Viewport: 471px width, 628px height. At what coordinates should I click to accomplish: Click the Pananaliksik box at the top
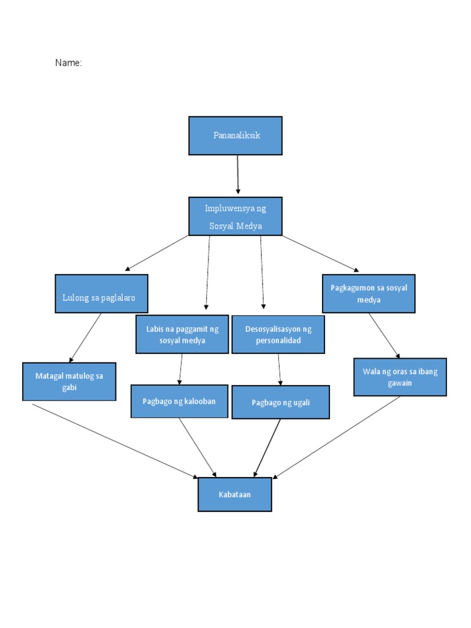tap(235, 136)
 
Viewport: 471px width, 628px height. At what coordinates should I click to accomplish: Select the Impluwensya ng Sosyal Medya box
tap(235, 216)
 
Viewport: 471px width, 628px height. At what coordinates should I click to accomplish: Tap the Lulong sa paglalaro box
tap(101, 294)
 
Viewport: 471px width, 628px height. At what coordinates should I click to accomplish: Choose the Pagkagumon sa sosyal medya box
tap(369, 294)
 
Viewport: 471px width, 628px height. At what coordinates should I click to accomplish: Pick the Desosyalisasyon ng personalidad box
tap(278, 335)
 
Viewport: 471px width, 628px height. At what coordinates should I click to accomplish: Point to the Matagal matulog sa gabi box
tap(69, 381)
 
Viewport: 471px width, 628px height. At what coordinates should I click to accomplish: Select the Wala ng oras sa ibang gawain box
tap(400, 377)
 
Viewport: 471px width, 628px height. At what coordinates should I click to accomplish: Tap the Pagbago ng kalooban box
tap(179, 401)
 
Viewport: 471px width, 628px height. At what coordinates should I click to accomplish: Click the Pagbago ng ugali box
tap(280, 402)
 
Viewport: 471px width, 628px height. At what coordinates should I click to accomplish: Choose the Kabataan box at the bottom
tap(234, 494)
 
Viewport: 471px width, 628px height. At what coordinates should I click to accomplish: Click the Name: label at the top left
tap(69, 63)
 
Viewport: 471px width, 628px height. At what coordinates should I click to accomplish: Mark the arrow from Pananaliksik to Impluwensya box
tap(238, 175)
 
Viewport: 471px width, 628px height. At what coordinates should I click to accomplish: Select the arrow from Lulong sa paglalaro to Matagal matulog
tap(86, 337)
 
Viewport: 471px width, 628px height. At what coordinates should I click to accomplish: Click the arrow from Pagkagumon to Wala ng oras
tap(384, 335)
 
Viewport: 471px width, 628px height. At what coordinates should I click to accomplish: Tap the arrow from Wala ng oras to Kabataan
tap(337, 437)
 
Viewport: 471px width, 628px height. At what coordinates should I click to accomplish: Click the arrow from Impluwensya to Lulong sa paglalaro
tap(157, 253)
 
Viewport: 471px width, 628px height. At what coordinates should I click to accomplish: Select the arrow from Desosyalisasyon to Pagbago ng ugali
tap(280, 369)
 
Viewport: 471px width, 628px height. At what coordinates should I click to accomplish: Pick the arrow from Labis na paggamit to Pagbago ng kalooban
tap(180, 369)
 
